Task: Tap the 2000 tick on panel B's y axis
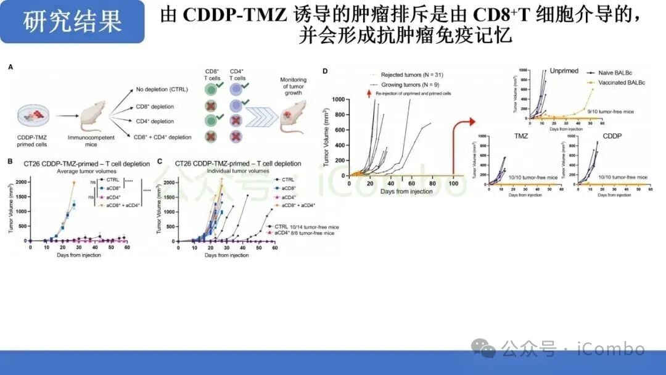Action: click(22, 183)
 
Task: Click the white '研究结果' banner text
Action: click(73, 22)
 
